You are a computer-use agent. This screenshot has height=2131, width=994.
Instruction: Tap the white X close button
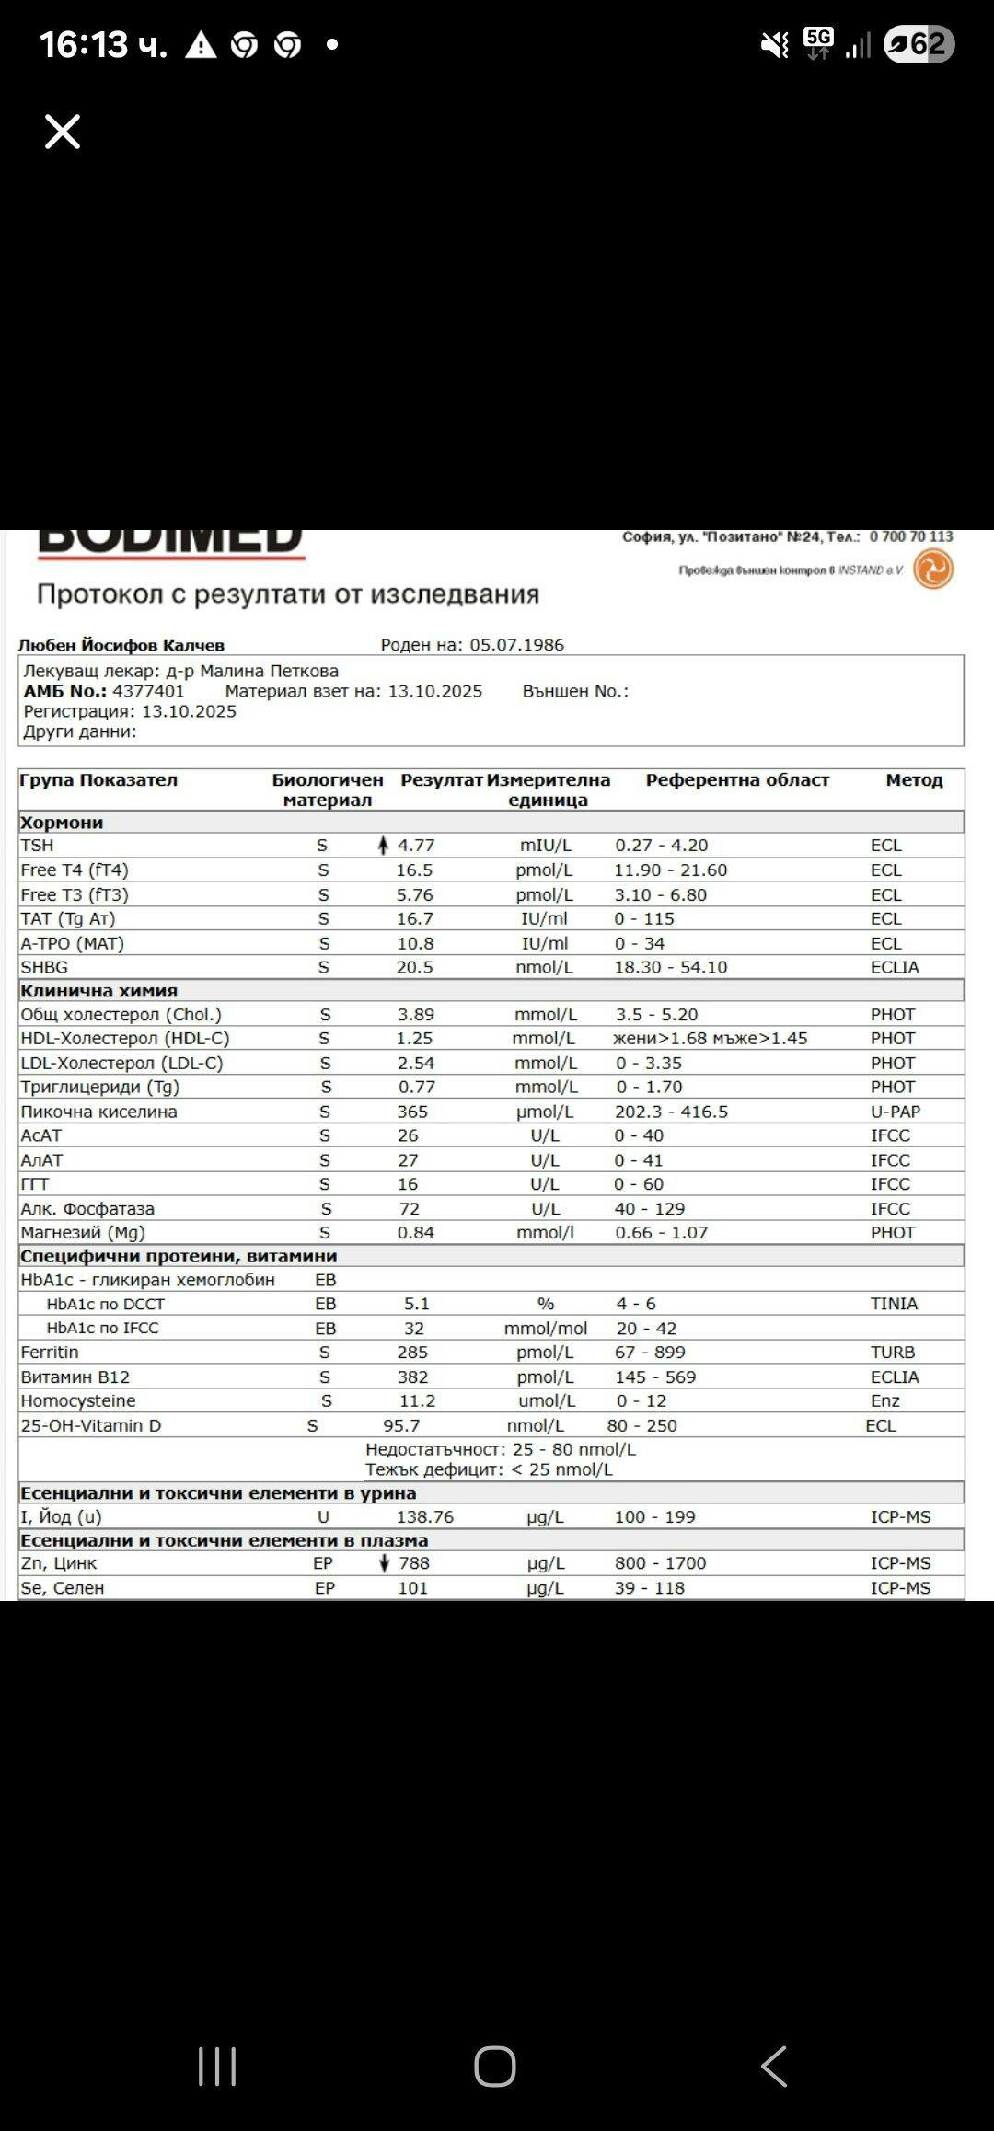click(x=63, y=132)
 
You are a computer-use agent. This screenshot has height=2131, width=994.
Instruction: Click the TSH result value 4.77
click(x=416, y=845)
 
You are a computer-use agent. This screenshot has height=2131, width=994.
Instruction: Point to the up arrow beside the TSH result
click(x=383, y=845)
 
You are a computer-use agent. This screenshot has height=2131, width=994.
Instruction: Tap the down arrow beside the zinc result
click(x=384, y=1562)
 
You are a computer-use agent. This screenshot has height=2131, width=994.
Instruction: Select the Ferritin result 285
click(x=412, y=1352)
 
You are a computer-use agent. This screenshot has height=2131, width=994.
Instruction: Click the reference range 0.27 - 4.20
click(x=661, y=845)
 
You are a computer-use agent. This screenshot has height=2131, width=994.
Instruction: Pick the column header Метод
click(x=914, y=780)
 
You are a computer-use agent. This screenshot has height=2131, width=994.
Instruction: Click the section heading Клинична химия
click(x=98, y=990)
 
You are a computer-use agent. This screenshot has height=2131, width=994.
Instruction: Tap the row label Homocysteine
click(x=78, y=1400)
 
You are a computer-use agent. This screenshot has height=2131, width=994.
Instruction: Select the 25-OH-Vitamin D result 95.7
click(x=401, y=1425)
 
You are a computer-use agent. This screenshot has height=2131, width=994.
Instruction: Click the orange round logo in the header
click(x=932, y=569)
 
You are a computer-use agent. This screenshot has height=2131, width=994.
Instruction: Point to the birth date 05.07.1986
click(x=516, y=645)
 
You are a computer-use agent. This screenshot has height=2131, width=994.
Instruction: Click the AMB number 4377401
click(x=148, y=691)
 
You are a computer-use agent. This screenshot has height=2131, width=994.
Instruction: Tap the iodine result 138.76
click(x=425, y=1516)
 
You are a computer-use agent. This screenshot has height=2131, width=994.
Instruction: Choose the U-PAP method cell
click(x=895, y=1112)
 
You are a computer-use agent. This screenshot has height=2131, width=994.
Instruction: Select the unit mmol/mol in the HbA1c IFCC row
click(x=545, y=1328)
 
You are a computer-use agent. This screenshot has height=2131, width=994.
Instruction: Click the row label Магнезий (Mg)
click(x=83, y=1232)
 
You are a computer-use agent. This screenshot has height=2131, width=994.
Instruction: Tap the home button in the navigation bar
click(x=495, y=2067)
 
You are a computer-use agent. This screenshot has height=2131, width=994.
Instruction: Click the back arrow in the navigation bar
click(x=774, y=2067)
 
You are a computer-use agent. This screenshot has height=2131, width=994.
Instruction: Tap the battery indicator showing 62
click(x=919, y=44)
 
